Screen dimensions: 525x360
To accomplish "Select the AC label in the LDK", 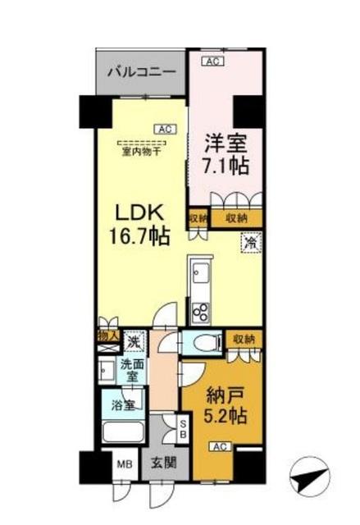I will tap(163, 129).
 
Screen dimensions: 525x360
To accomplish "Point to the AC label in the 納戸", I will tap(218, 446).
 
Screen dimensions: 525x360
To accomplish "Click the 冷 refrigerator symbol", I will tap(251, 244).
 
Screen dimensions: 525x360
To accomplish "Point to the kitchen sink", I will tap(200, 274).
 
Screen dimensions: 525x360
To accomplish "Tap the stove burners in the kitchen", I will tap(200, 311).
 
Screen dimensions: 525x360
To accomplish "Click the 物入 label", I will tap(108, 335).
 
